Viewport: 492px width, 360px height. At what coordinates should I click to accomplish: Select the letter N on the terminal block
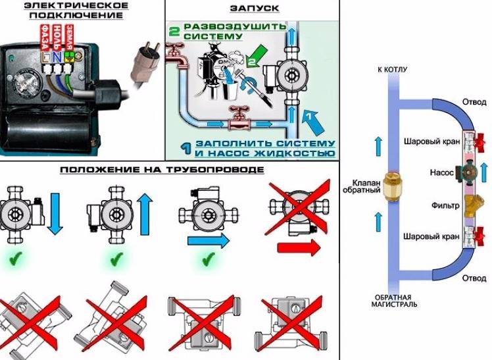pyautogui.click(x=57, y=57)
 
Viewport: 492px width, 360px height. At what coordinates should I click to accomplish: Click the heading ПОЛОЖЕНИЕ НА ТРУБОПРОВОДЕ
pyautogui.click(x=162, y=170)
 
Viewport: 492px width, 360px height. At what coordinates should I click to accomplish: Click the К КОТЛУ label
pyautogui.click(x=390, y=69)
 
